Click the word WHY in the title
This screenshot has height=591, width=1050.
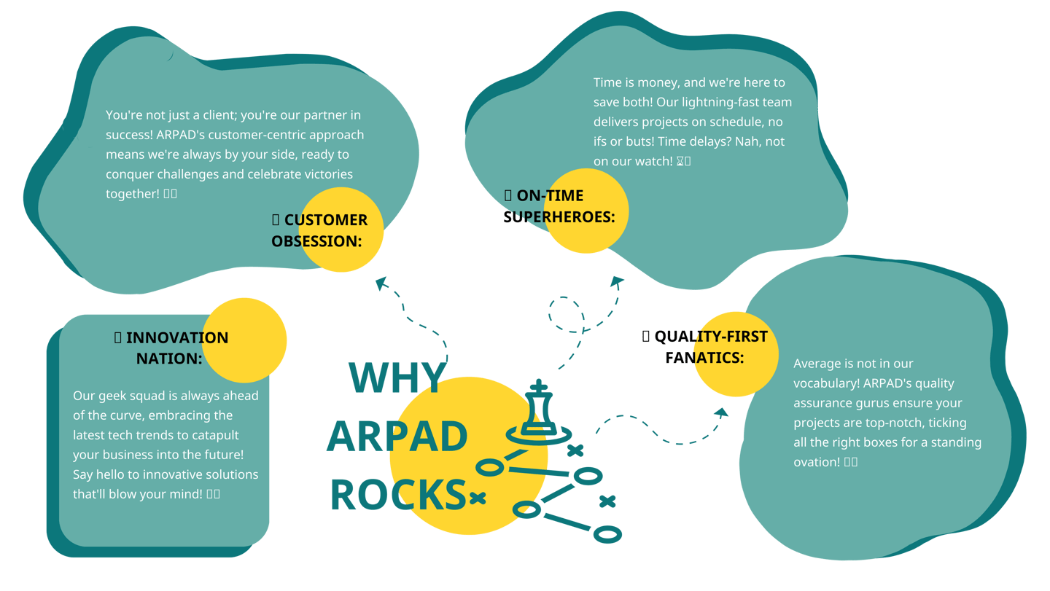[397, 377]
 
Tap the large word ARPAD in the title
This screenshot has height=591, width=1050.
[397, 437]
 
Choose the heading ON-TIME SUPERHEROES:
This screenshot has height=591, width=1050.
[559, 206]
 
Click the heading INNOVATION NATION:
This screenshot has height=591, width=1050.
[171, 348]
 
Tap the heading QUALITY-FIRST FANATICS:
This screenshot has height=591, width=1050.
[705, 347]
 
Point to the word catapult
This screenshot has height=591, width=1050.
[215, 435]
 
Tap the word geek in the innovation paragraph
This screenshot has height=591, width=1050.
[111, 396]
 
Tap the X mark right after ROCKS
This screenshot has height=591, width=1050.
[478, 498]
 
